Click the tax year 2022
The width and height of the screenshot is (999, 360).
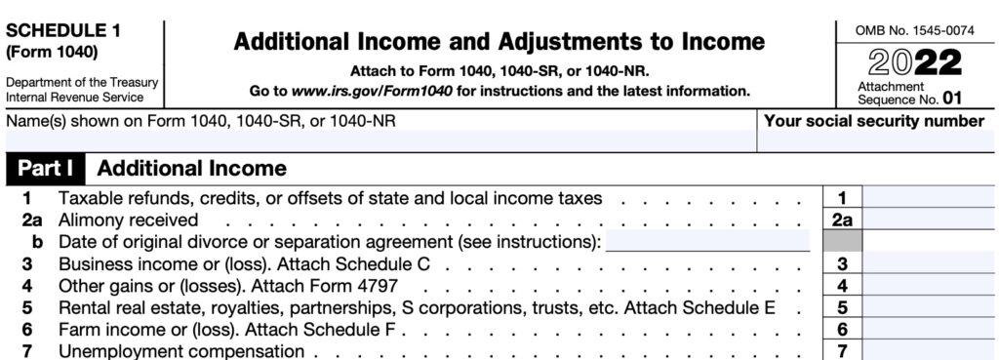914,63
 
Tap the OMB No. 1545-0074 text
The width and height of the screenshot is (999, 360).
913,31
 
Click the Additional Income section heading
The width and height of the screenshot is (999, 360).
191,169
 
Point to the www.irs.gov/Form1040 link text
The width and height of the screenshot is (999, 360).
365,91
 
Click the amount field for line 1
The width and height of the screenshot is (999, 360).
928,199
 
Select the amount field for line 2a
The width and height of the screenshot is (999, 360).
928,220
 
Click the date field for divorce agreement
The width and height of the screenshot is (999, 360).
707,241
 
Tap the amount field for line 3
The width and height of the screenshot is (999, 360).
928,263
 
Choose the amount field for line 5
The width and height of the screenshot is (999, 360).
928,307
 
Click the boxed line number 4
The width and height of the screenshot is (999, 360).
842,286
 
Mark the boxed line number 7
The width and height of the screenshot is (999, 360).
842,350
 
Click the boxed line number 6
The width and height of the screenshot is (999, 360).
842,329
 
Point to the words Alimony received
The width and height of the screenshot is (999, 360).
128,220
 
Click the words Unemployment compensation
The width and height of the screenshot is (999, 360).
181,350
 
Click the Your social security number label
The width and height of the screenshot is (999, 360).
874,121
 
